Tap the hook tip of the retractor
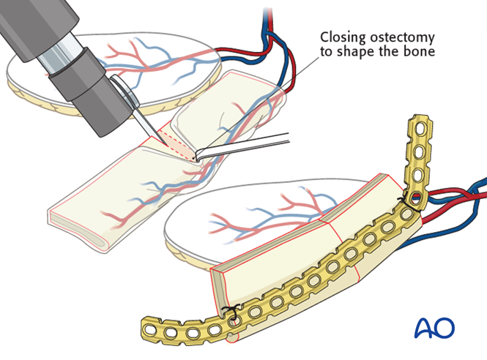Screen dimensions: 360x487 (197, 155)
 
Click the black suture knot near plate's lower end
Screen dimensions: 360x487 (233, 317)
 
